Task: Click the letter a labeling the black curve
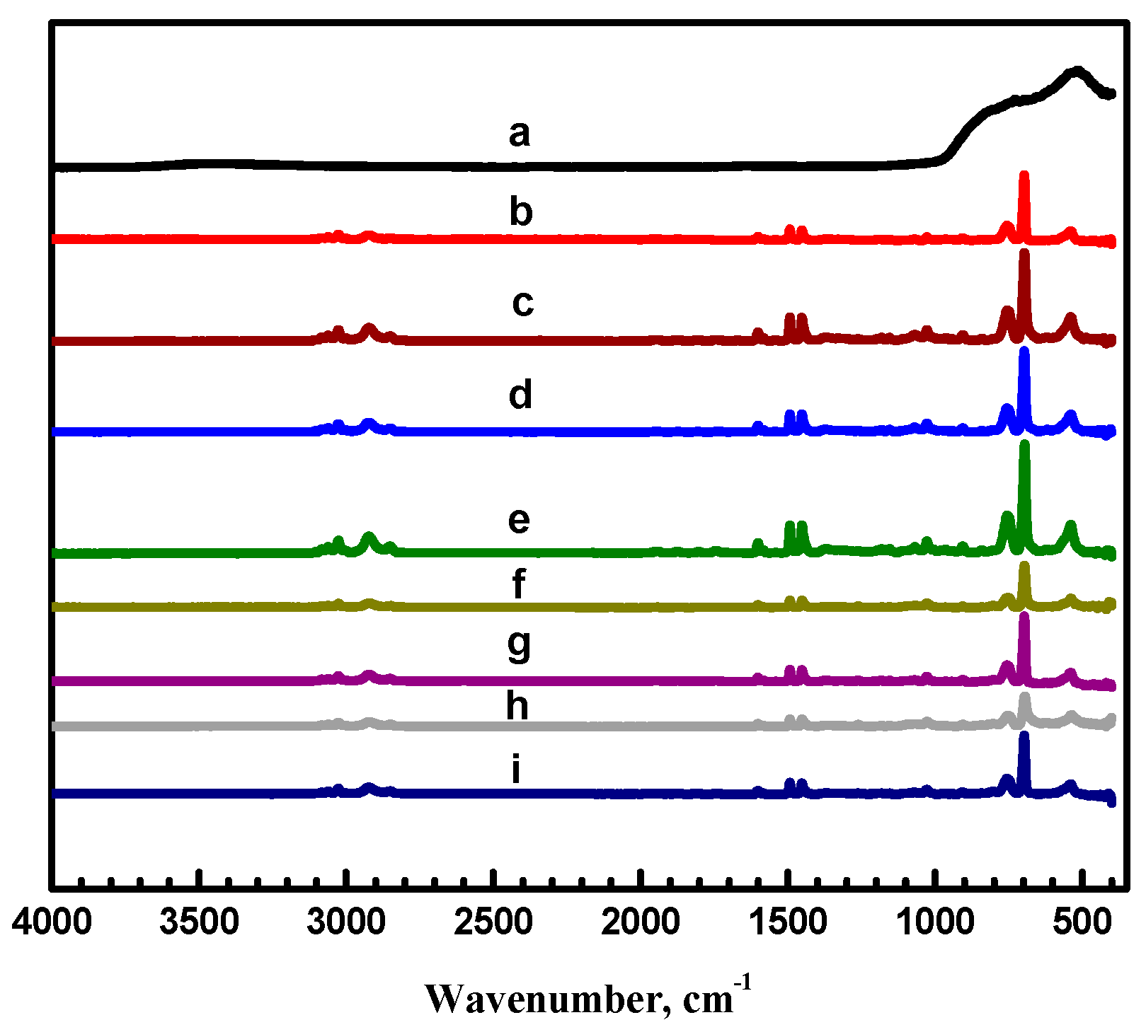click(x=519, y=134)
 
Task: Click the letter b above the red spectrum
click(x=521, y=211)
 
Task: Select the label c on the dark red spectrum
click(x=522, y=303)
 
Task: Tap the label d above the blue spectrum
click(x=520, y=395)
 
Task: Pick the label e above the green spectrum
click(x=519, y=521)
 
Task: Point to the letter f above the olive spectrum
click(x=519, y=584)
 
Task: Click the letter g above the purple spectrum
click(x=519, y=644)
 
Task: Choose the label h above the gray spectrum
click(x=517, y=705)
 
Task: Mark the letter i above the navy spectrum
click(x=517, y=770)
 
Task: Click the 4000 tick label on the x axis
click(x=52, y=923)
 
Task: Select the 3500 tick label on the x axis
click(x=199, y=923)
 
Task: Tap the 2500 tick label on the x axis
click(x=493, y=923)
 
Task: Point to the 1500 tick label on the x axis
click(x=787, y=923)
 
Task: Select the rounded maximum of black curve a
click(x=1077, y=71)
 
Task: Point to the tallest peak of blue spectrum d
click(x=1024, y=352)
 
